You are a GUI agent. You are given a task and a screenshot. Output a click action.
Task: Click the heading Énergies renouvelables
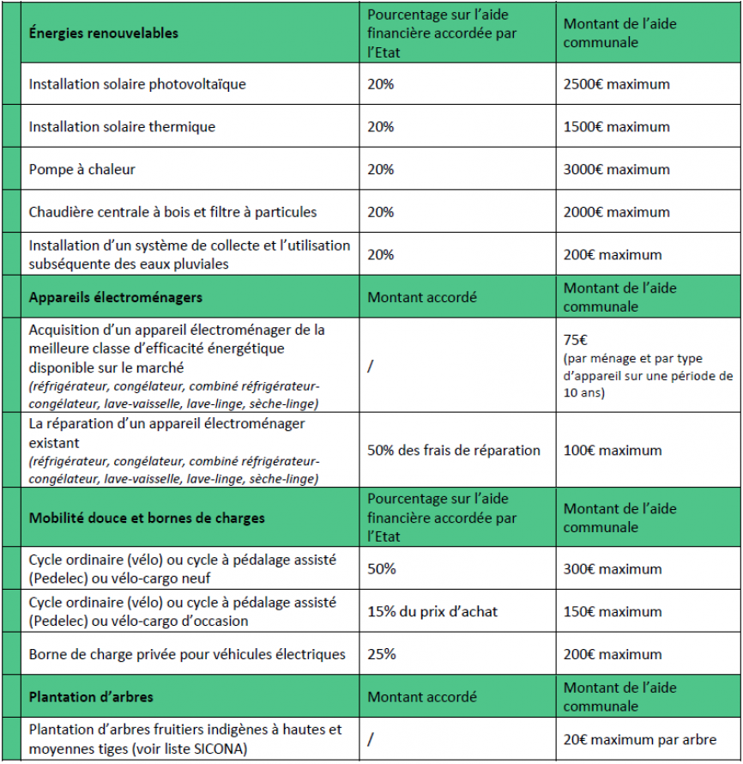pyautogui.click(x=104, y=33)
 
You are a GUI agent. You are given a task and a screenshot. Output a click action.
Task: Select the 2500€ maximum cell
pyautogui.click(x=616, y=84)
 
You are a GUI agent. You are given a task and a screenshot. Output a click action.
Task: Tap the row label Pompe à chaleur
pyautogui.click(x=82, y=169)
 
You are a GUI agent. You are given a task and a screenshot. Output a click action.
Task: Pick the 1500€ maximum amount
pyautogui.click(x=616, y=127)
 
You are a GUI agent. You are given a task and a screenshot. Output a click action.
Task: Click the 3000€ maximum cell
pyautogui.click(x=616, y=169)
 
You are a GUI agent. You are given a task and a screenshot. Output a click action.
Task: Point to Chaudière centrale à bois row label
pyautogui.click(x=172, y=212)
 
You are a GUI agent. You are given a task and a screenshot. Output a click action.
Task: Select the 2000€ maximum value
pyautogui.click(x=616, y=212)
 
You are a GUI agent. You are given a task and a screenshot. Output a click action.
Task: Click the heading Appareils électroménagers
pyautogui.click(x=115, y=298)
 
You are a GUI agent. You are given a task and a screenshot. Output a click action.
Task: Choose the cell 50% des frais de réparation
pyautogui.click(x=454, y=451)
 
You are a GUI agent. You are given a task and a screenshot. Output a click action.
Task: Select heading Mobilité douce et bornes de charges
pyautogui.click(x=147, y=518)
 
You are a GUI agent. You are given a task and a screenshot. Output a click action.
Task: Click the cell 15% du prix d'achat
pyautogui.click(x=432, y=612)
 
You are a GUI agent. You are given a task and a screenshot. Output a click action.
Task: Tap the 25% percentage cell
pyautogui.click(x=382, y=654)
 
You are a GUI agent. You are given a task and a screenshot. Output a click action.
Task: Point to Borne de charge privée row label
pyautogui.click(x=187, y=654)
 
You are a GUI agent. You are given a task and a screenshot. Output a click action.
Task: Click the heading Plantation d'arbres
pyautogui.click(x=91, y=697)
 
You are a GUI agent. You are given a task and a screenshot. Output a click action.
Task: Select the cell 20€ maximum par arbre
pyautogui.click(x=640, y=739)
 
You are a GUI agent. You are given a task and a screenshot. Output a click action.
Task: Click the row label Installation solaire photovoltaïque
pyautogui.click(x=137, y=84)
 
